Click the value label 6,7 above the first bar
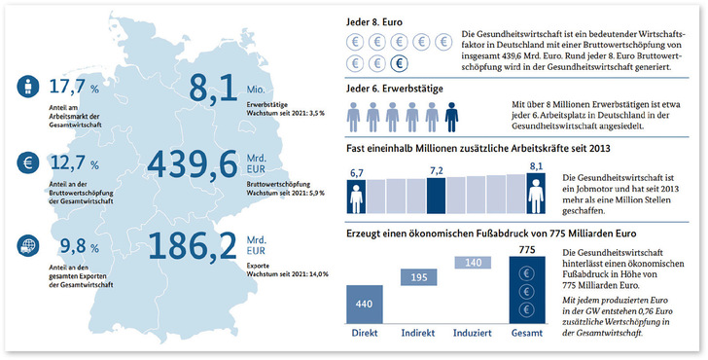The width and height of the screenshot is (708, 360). (356, 172)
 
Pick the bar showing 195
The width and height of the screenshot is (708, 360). (418, 278)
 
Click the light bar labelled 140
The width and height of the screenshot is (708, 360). (474, 263)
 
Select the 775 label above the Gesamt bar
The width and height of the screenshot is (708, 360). (527, 249)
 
